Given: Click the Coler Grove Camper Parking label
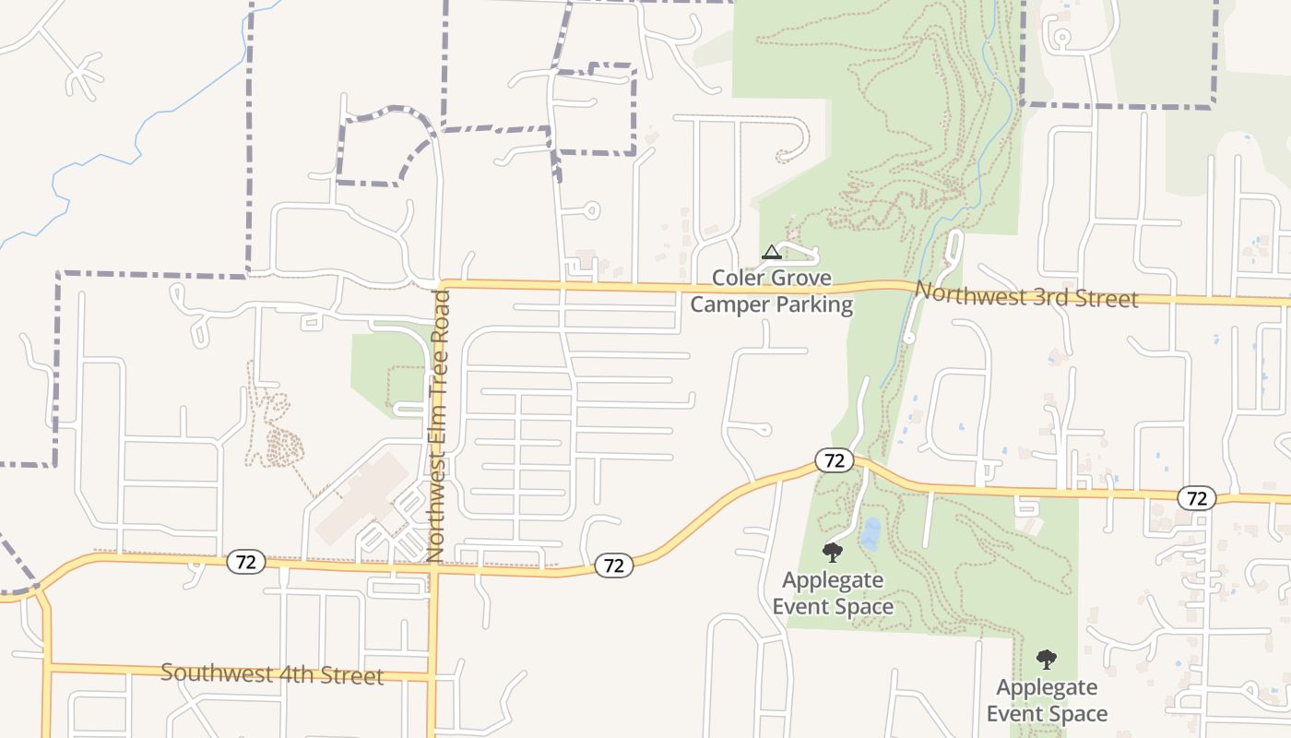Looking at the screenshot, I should pos(771,291).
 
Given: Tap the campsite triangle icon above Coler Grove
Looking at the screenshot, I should pos(771,252).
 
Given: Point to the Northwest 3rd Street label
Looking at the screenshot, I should pos(1026,295).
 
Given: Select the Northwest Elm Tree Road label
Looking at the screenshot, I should pos(437,424).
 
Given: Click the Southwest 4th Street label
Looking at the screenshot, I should pos(272,673).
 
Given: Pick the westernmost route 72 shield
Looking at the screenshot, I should pos(246,561).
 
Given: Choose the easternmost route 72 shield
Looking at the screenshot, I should pos(1196,498).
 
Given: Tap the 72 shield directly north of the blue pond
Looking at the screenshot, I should pos(834,460).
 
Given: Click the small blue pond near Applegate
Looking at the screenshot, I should pos(870,533).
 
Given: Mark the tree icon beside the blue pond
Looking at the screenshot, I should pos(833,553).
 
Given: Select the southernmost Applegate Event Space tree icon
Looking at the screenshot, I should pos(1046,660).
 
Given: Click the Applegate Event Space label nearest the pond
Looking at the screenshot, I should pos(833,593).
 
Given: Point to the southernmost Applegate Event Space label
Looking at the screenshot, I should pos(1047,700).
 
